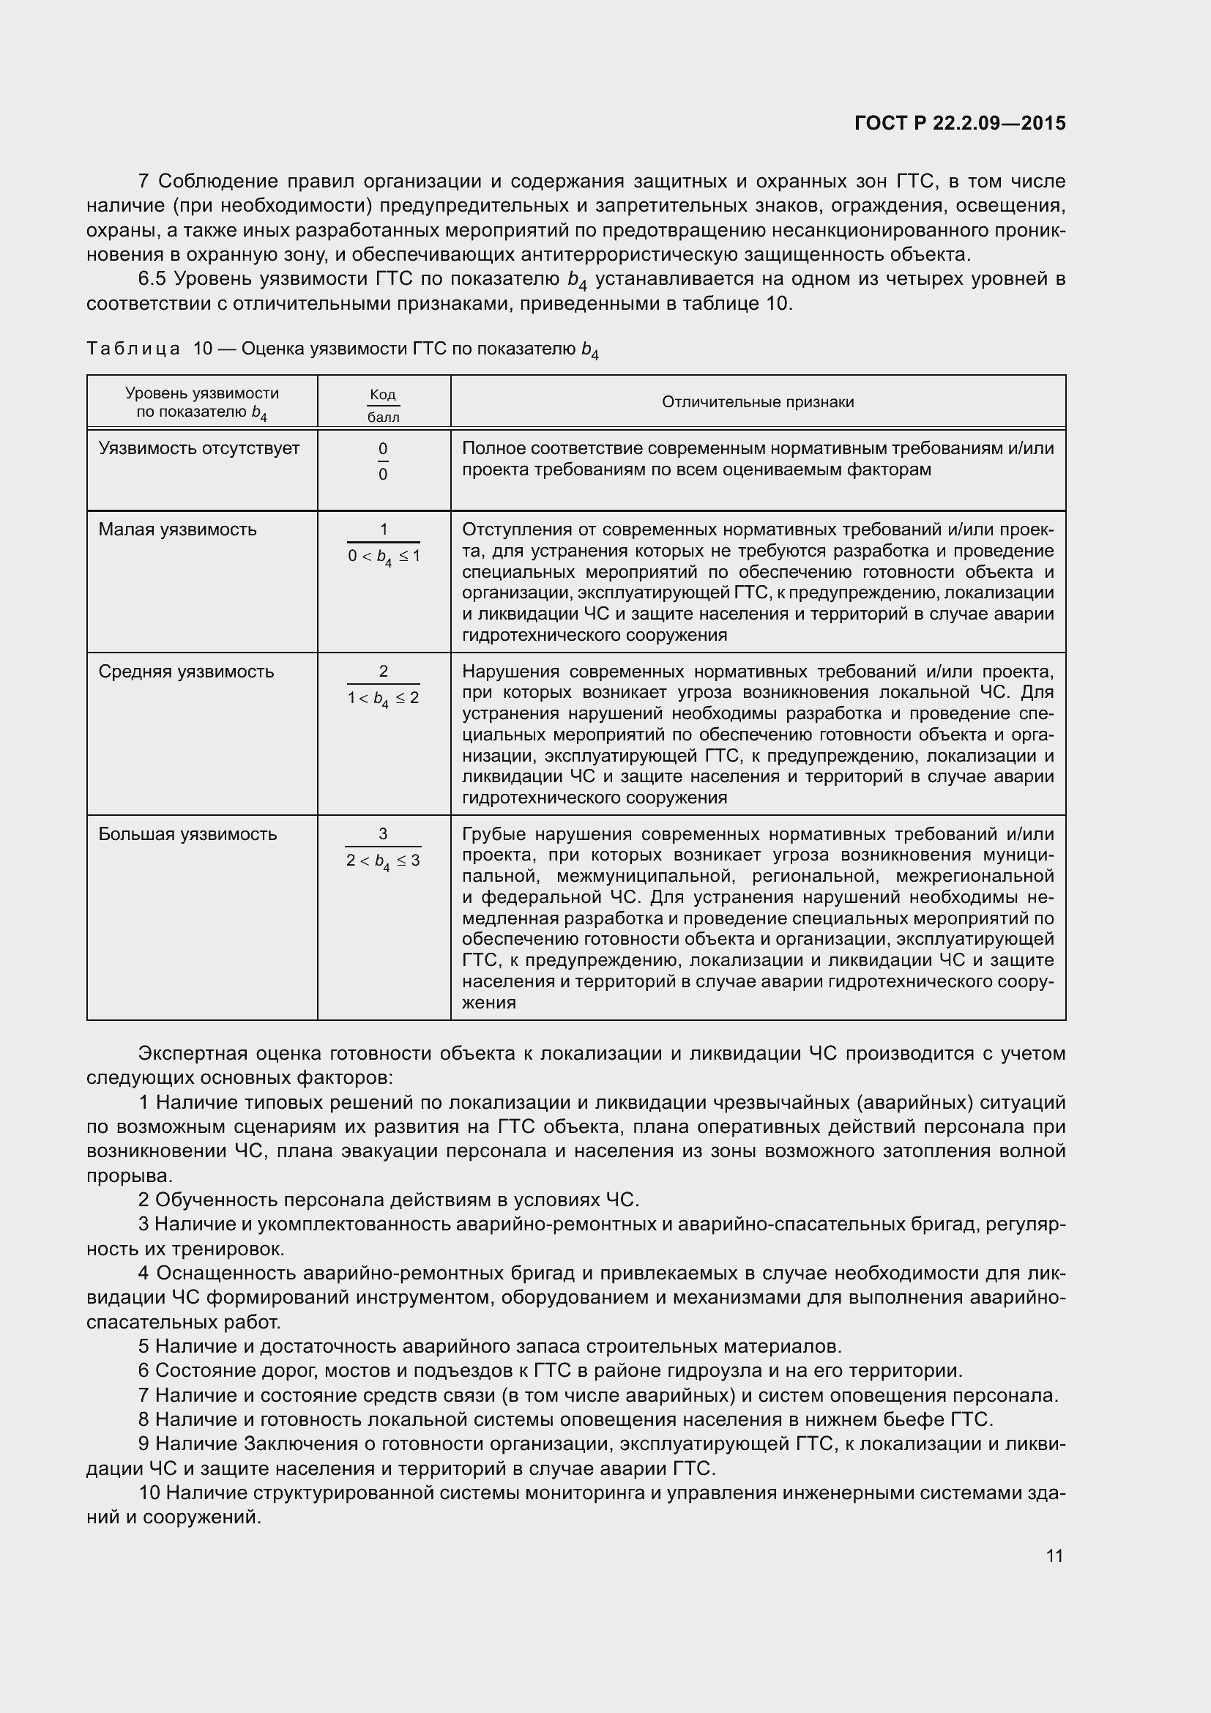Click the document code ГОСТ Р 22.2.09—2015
[x=960, y=123]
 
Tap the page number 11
[x=1054, y=1556]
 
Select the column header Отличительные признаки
[x=758, y=402]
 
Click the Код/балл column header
[x=383, y=405]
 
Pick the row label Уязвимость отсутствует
[x=199, y=448]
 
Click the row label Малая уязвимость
[x=177, y=529]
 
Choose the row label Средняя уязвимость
[x=187, y=672]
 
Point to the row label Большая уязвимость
[x=188, y=834]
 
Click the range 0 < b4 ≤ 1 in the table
[x=383, y=557]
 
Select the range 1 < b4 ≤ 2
[x=383, y=699]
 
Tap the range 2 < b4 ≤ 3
[x=383, y=861]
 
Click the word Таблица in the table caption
[x=133, y=349]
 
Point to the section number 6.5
[x=155, y=279]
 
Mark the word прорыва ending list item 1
[x=127, y=1176]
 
